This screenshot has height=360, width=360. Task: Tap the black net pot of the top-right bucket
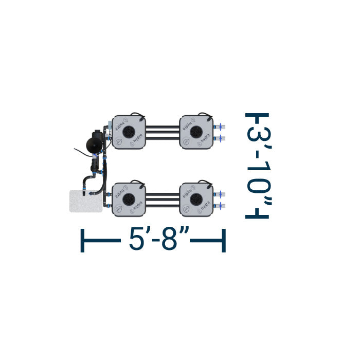196,132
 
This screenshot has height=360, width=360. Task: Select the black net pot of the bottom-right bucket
196,200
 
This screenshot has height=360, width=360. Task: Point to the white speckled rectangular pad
85,201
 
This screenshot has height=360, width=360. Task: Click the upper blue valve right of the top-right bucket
220,125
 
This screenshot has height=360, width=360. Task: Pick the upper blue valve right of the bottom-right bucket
220,193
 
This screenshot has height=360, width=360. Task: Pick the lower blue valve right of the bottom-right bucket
220,206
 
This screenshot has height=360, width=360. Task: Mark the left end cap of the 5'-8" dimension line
83,241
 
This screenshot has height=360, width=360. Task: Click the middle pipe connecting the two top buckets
163,132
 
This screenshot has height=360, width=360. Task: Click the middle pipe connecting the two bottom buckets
163,200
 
